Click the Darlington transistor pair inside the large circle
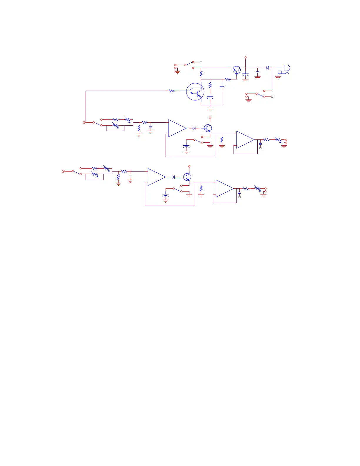point(195,91)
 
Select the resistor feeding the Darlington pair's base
point(172,91)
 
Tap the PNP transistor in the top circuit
point(236,70)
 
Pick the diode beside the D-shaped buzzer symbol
point(267,68)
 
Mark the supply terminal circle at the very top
point(246,57)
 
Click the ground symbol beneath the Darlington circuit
point(210,109)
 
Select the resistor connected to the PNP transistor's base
point(228,79)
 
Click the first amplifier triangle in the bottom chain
point(156,177)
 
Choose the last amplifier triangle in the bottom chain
point(224,189)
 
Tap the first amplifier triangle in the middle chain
point(177,128)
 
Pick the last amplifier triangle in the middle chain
point(245,140)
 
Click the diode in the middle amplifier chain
point(194,128)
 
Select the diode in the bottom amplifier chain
point(174,177)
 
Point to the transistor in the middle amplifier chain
point(208,128)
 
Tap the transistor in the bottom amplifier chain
point(187,177)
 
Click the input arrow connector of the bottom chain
point(63,171)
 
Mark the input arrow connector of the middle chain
point(84,122)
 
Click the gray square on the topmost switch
point(201,62)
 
